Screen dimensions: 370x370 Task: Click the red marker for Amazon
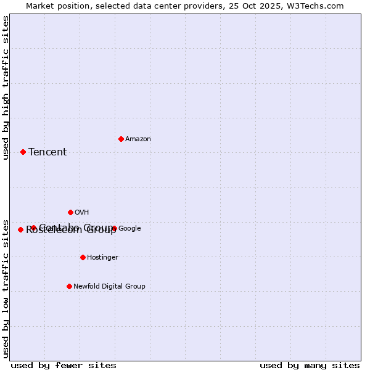(x=121, y=139)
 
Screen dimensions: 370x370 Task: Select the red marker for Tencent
(x=23, y=152)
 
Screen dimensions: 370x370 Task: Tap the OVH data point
(x=70, y=212)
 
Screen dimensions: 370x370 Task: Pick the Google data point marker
(x=114, y=228)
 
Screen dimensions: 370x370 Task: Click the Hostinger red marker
(x=83, y=257)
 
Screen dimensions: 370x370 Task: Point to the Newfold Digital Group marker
(x=69, y=286)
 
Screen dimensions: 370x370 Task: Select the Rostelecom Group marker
(x=20, y=229)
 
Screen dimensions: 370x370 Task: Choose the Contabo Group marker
(x=33, y=228)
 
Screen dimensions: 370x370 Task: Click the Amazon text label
(x=138, y=139)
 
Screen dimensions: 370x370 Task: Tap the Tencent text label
(x=47, y=152)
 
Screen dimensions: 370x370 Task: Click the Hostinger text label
(x=102, y=258)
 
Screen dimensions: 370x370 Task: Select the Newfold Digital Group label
(x=109, y=287)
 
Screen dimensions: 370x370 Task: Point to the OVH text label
(x=82, y=213)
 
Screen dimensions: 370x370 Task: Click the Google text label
(x=129, y=229)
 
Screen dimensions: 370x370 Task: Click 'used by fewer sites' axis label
(x=64, y=365)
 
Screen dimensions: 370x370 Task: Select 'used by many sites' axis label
(x=310, y=365)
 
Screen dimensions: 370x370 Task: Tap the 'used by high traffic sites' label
(x=6, y=88)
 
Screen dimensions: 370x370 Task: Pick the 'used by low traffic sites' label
(x=6, y=288)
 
